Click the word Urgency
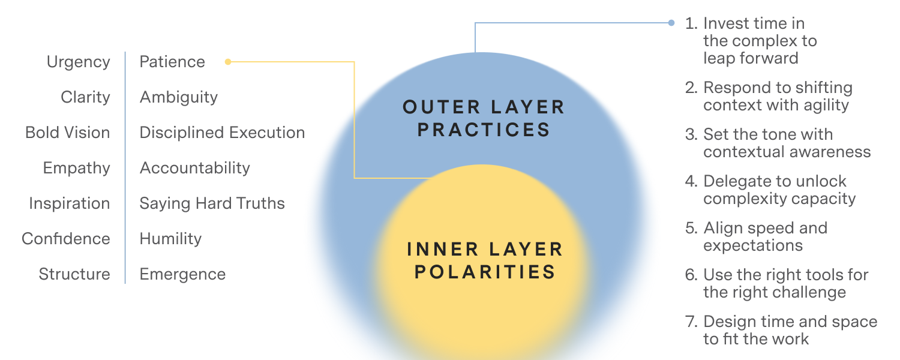pyautogui.click(x=79, y=62)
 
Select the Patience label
pyautogui.click(x=172, y=61)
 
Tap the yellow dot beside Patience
pyautogui.click(x=228, y=61)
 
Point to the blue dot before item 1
pyautogui.click(x=671, y=23)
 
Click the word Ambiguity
pyautogui.click(x=179, y=98)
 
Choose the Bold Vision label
pyautogui.click(x=67, y=133)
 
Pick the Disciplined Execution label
pyautogui.click(x=222, y=133)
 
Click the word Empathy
pyautogui.click(x=76, y=169)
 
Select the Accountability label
pyautogui.click(x=195, y=169)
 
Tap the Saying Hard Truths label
pyautogui.click(x=212, y=204)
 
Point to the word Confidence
pyautogui.click(x=66, y=239)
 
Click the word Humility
pyautogui.click(x=170, y=239)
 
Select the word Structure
pyautogui.click(x=74, y=274)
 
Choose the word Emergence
pyautogui.click(x=182, y=275)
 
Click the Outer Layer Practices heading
pyautogui.click(x=484, y=119)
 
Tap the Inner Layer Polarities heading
pyautogui.click(x=485, y=260)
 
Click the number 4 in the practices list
pyautogui.click(x=691, y=181)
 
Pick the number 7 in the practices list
pyautogui.click(x=691, y=322)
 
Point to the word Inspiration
pyautogui.click(x=70, y=204)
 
